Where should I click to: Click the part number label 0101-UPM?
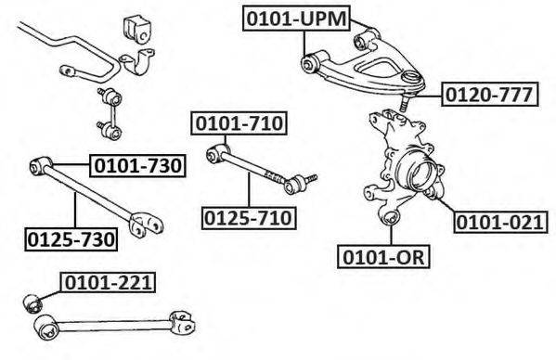[x=296, y=19]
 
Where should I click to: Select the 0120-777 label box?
[x=490, y=95]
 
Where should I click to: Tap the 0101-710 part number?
[x=239, y=123]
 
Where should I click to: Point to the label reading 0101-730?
[x=138, y=165]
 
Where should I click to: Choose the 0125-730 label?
[x=71, y=239]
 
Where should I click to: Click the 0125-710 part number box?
[x=249, y=218]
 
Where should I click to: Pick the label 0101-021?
[x=500, y=222]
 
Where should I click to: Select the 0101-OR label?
[x=383, y=256]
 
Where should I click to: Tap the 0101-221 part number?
[x=108, y=282]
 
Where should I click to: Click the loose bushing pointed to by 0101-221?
[x=32, y=303]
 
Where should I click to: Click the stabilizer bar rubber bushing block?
[x=137, y=30]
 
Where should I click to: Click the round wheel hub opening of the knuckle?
[x=421, y=173]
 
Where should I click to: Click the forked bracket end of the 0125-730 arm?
[x=146, y=225]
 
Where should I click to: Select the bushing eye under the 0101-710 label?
[x=216, y=152]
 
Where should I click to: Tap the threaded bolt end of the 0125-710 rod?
[x=311, y=178]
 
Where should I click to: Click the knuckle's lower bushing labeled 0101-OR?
[x=391, y=216]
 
